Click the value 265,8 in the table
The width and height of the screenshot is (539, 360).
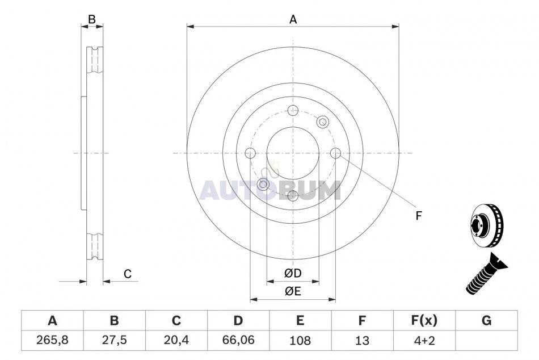click(52, 340)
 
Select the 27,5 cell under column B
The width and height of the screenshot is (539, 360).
click(114, 340)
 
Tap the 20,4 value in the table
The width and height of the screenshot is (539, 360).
click(176, 340)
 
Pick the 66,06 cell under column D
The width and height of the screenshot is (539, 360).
click(238, 340)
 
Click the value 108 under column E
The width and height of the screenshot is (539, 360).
click(300, 340)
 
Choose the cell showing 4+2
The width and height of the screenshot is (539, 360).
click(424, 340)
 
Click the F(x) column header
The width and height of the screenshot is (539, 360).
click(424, 320)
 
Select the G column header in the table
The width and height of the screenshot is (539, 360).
click(486, 320)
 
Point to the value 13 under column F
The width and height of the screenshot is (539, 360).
click(362, 340)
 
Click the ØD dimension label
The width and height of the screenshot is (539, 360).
click(293, 273)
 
